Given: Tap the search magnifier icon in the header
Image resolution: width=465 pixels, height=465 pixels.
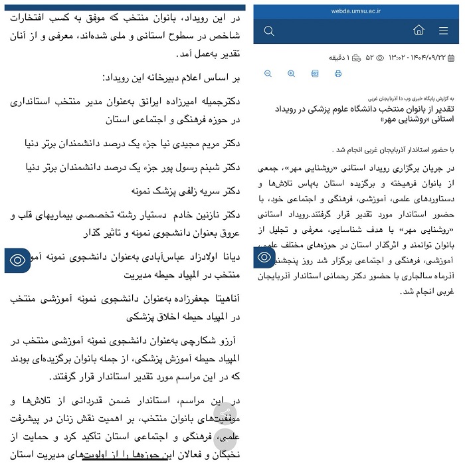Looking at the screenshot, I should click(268, 31).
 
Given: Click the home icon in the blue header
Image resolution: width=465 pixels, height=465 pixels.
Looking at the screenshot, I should click(418, 31).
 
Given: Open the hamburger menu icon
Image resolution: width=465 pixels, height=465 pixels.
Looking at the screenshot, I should click(444, 31).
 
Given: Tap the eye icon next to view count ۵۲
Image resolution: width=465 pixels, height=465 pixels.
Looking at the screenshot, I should click(380, 58).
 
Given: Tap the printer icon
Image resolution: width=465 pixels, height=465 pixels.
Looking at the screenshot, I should click(338, 74).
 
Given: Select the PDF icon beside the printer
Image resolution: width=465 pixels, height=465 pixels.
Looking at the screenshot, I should click(315, 74).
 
